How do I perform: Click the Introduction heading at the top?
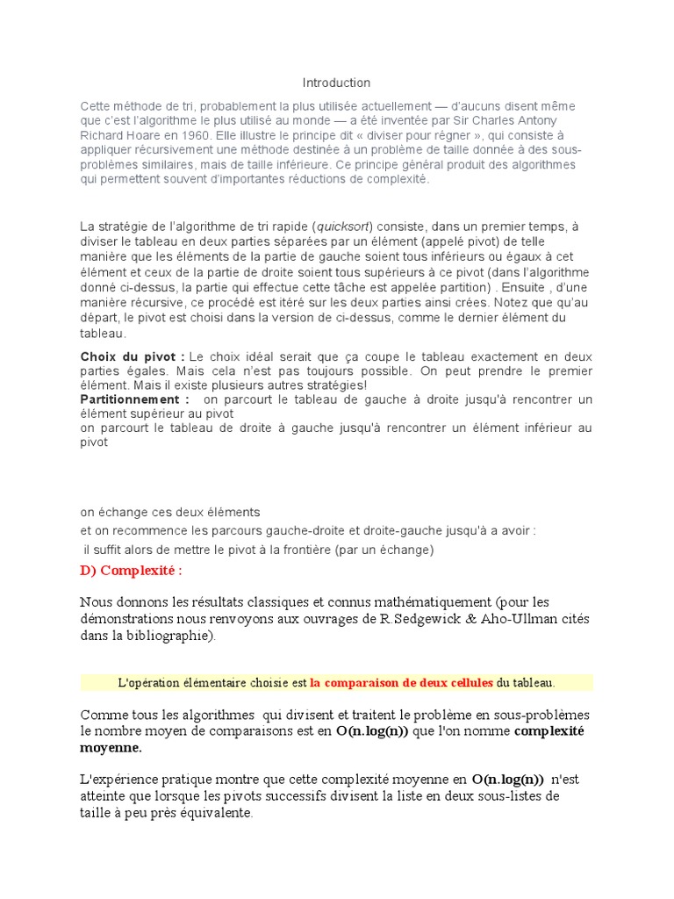click(336, 83)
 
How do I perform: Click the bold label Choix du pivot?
click(133, 356)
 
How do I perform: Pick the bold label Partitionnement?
click(134, 399)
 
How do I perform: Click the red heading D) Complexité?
click(132, 572)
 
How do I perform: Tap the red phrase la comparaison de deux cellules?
click(401, 682)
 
